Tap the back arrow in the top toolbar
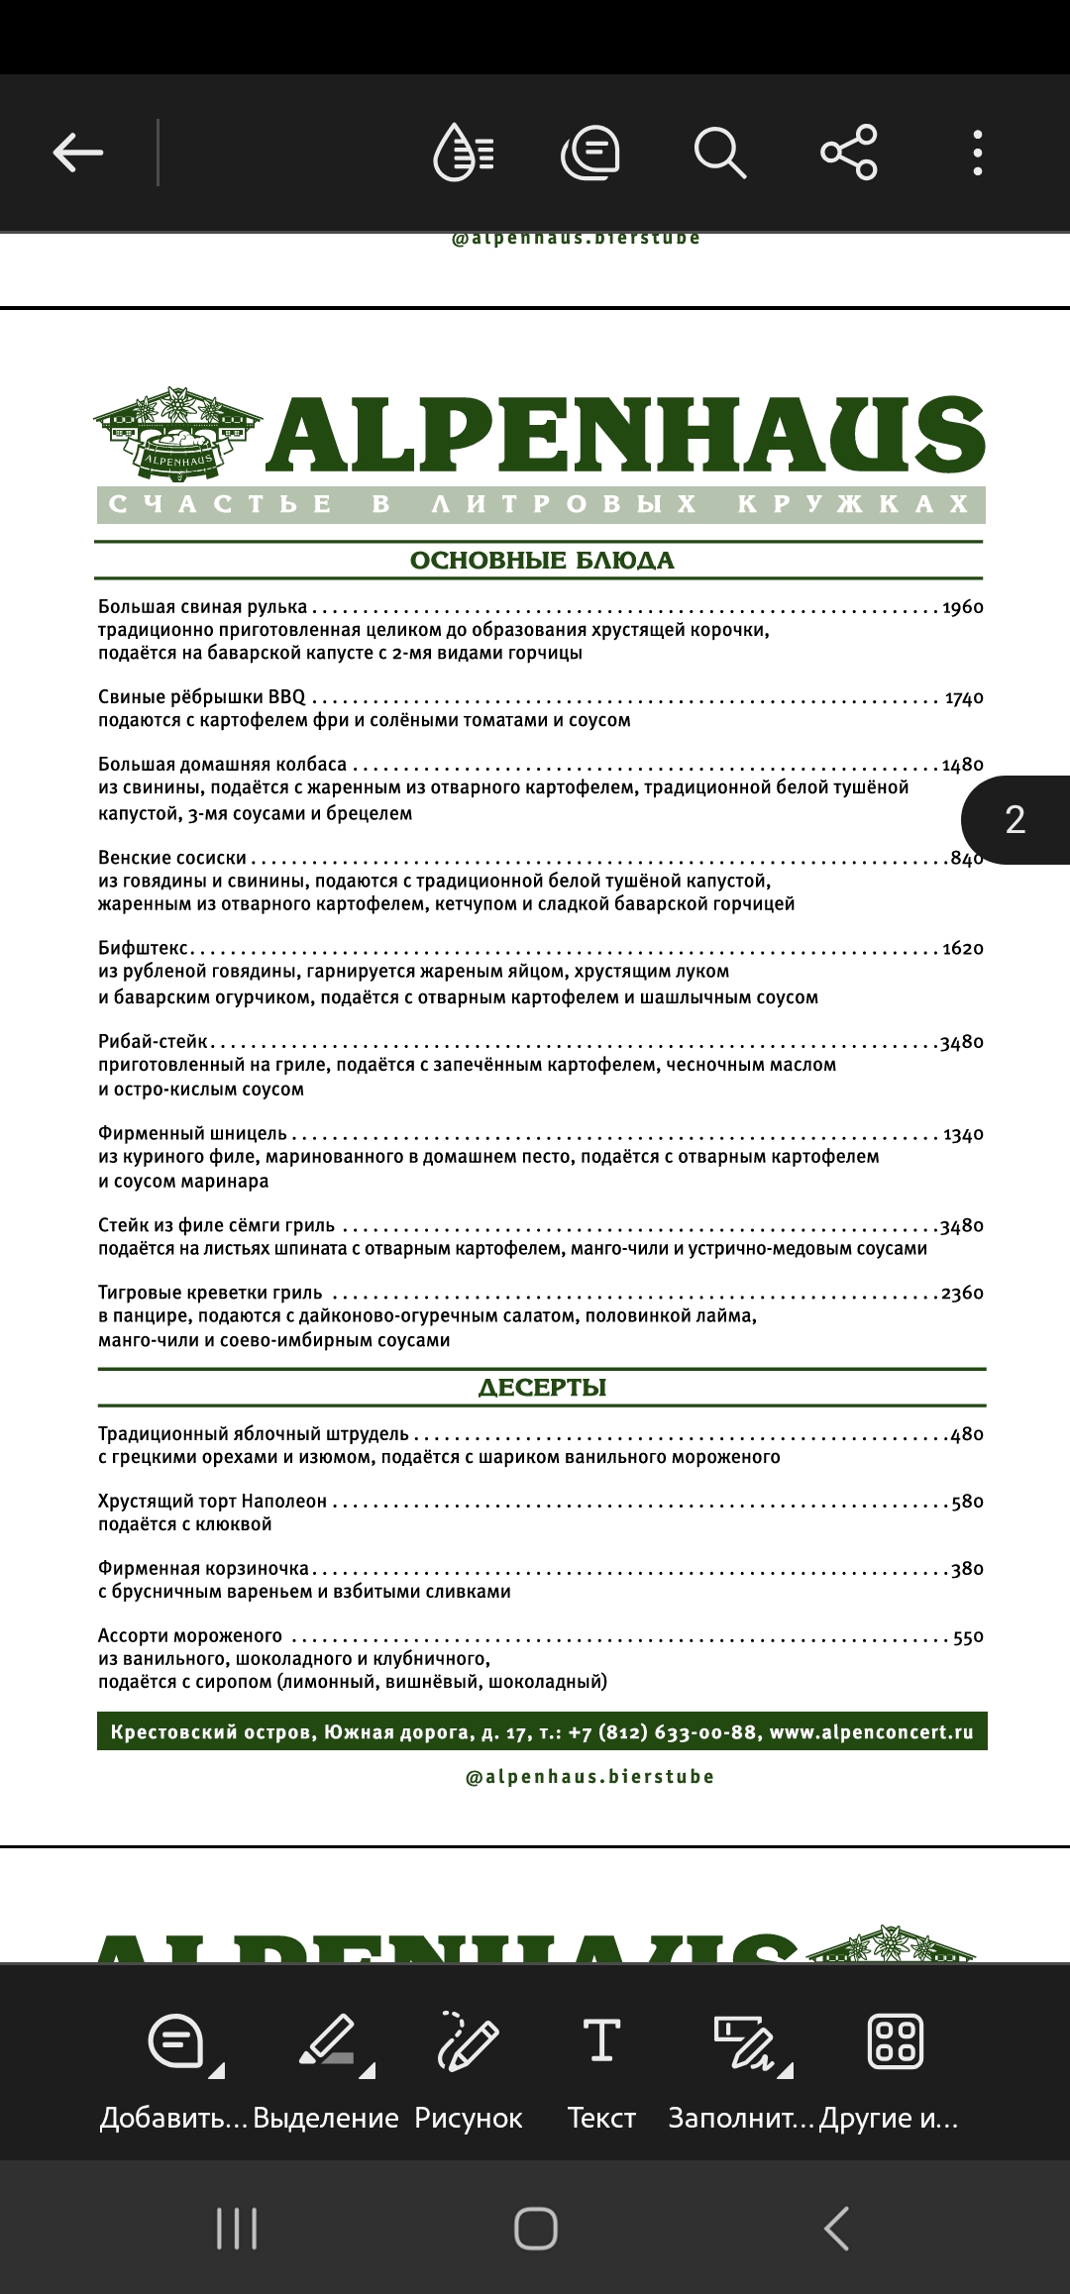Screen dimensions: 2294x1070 click(x=78, y=153)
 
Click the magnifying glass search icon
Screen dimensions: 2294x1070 click(x=718, y=153)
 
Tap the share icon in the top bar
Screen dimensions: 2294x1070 click(x=849, y=153)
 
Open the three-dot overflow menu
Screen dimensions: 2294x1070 click(x=977, y=153)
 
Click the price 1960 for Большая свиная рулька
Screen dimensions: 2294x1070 click(x=962, y=607)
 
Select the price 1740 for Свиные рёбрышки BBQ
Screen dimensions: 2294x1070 click(x=964, y=698)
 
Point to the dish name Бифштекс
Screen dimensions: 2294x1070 click(x=144, y=949)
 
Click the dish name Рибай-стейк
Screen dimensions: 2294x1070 click(x=154, y=1042)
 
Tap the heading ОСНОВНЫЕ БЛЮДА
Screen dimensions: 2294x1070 click(x=542, y=561)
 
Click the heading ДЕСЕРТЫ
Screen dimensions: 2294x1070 click(x=542, y=1388)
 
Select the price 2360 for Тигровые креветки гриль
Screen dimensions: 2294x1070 click(x=962, y=1294)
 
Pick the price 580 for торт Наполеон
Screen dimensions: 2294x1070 click(x=967, y=1502)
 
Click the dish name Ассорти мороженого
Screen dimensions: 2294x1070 click(x=190, y=1636)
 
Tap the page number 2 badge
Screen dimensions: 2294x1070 click(x=1016, y=820)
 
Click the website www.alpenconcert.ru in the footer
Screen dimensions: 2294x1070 click(x=871, y=1732)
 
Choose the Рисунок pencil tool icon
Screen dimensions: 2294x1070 click(x=468, y=2041)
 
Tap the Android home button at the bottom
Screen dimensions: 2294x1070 click(x=536, y=2230)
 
